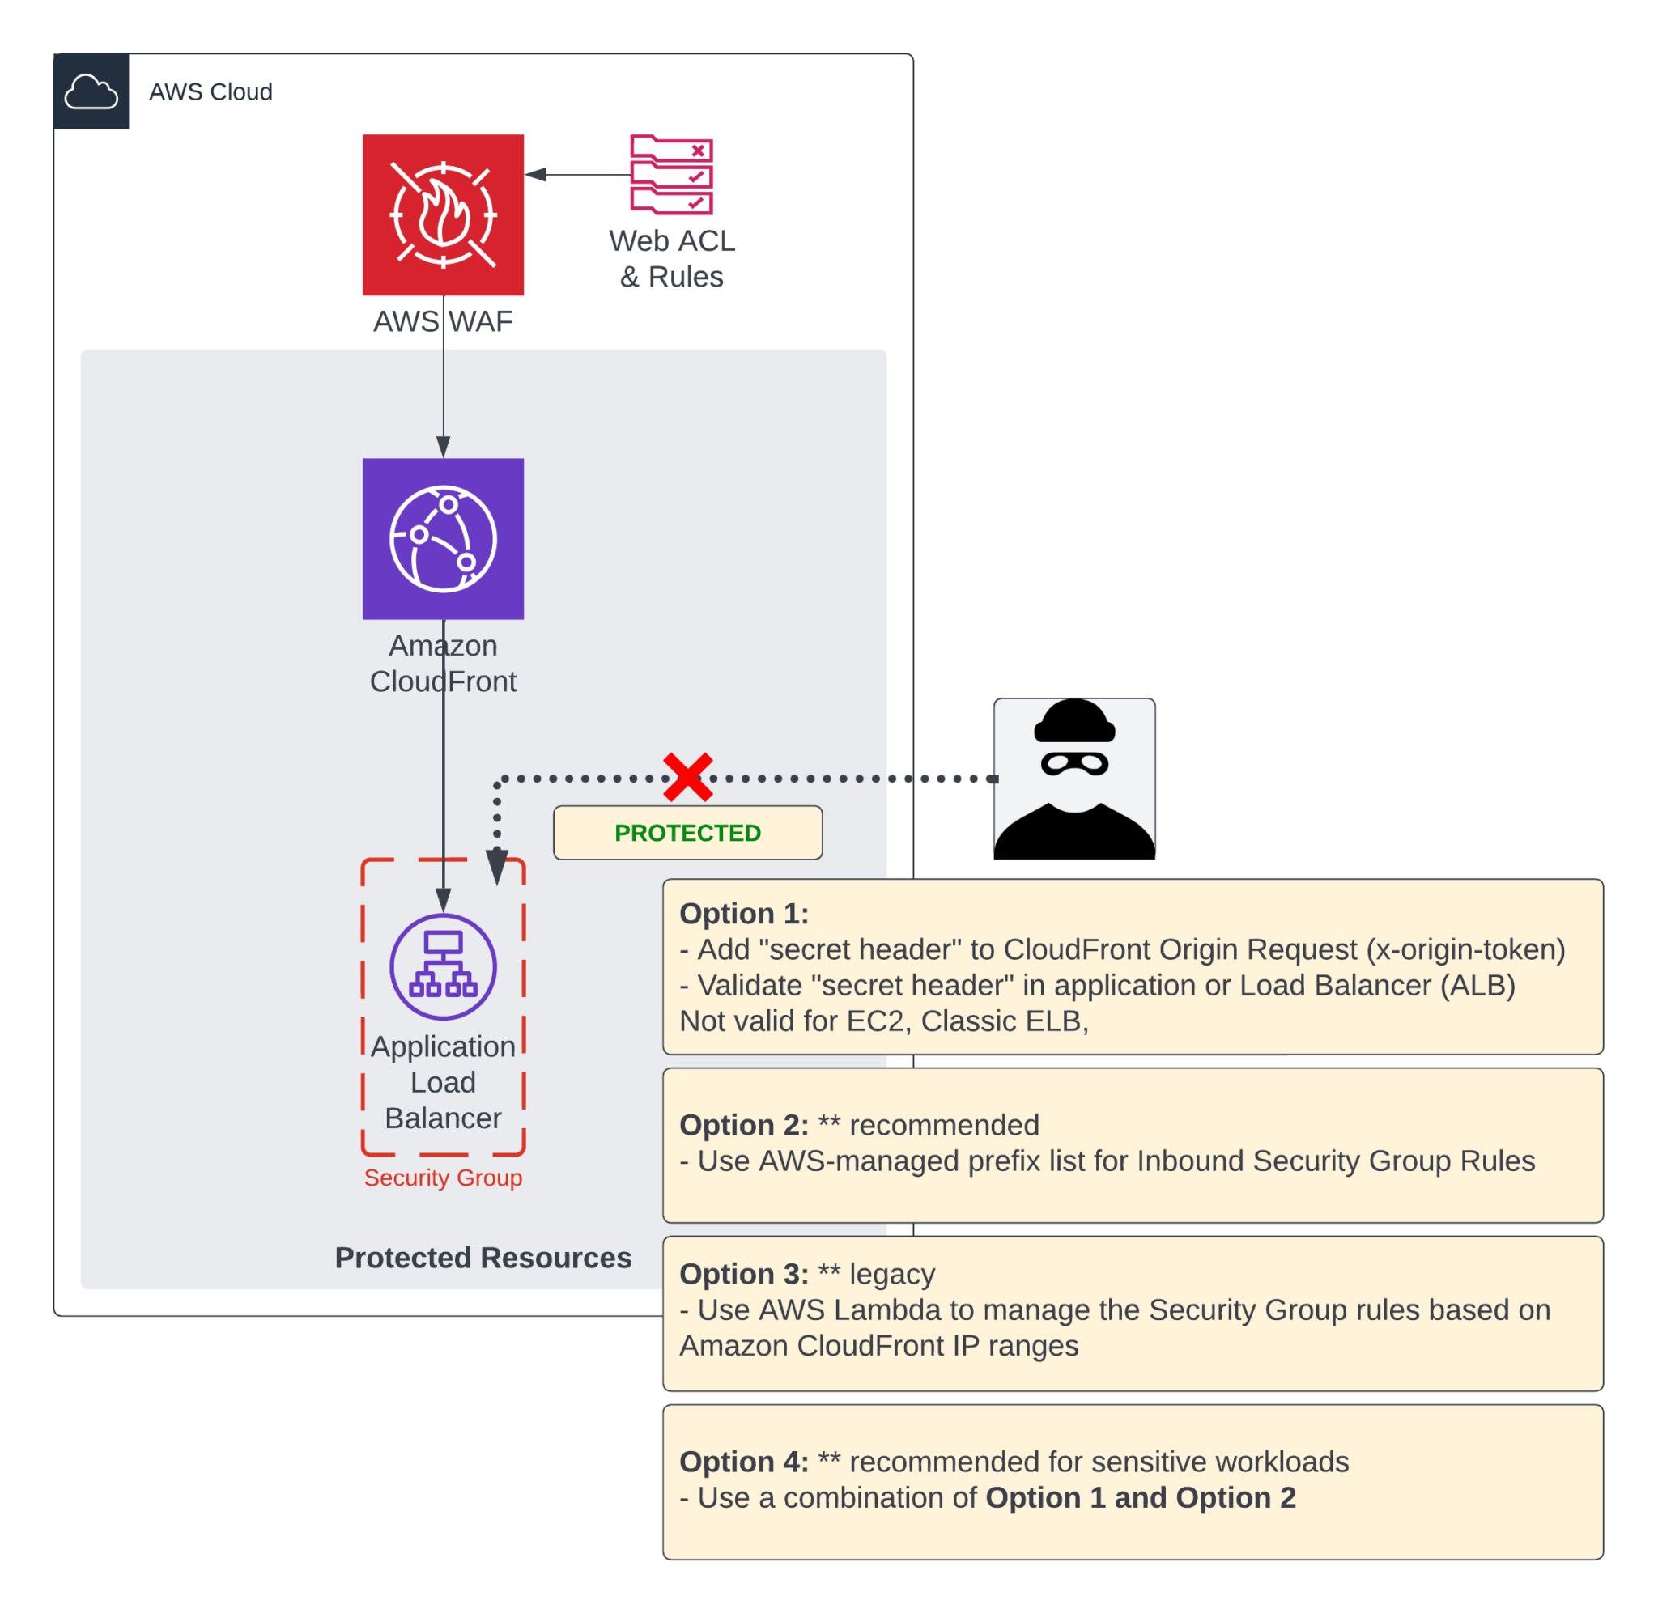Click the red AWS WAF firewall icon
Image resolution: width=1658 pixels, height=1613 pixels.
[x=443, y=214]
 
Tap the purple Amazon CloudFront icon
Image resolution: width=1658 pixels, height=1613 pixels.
[x=443, y=539]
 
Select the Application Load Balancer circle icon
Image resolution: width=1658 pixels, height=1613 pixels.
[x=443, y=966]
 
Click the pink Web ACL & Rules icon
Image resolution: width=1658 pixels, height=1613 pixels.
[x=672, y=175]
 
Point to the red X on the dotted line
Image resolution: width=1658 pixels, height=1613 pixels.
[x=687, y=777]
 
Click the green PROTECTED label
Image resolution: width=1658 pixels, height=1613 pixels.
[x=687, y=833]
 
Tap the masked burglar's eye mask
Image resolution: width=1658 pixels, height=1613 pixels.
[x=1074, y=763]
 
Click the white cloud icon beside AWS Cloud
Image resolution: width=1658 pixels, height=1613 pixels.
[x=91, y=91]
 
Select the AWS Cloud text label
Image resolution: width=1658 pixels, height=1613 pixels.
[x=210, y=91]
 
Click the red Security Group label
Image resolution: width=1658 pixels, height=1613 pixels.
[x=443, y=1178]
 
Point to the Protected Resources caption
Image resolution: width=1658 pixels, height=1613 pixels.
[x=483, y=1258]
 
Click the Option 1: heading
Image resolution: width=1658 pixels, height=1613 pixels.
[x=744, y=913]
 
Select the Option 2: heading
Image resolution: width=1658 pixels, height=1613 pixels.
[x=744, y=1125]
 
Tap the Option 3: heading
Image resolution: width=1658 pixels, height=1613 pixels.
[x=744, y=1274]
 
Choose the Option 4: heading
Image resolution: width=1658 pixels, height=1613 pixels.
[x=744, y=1462]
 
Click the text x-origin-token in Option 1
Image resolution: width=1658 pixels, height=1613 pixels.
[x=1465, y=949]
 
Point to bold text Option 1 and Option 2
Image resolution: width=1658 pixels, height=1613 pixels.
[x=1141, y=1498]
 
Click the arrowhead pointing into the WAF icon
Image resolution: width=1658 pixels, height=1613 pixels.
[x=535, y=175]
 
